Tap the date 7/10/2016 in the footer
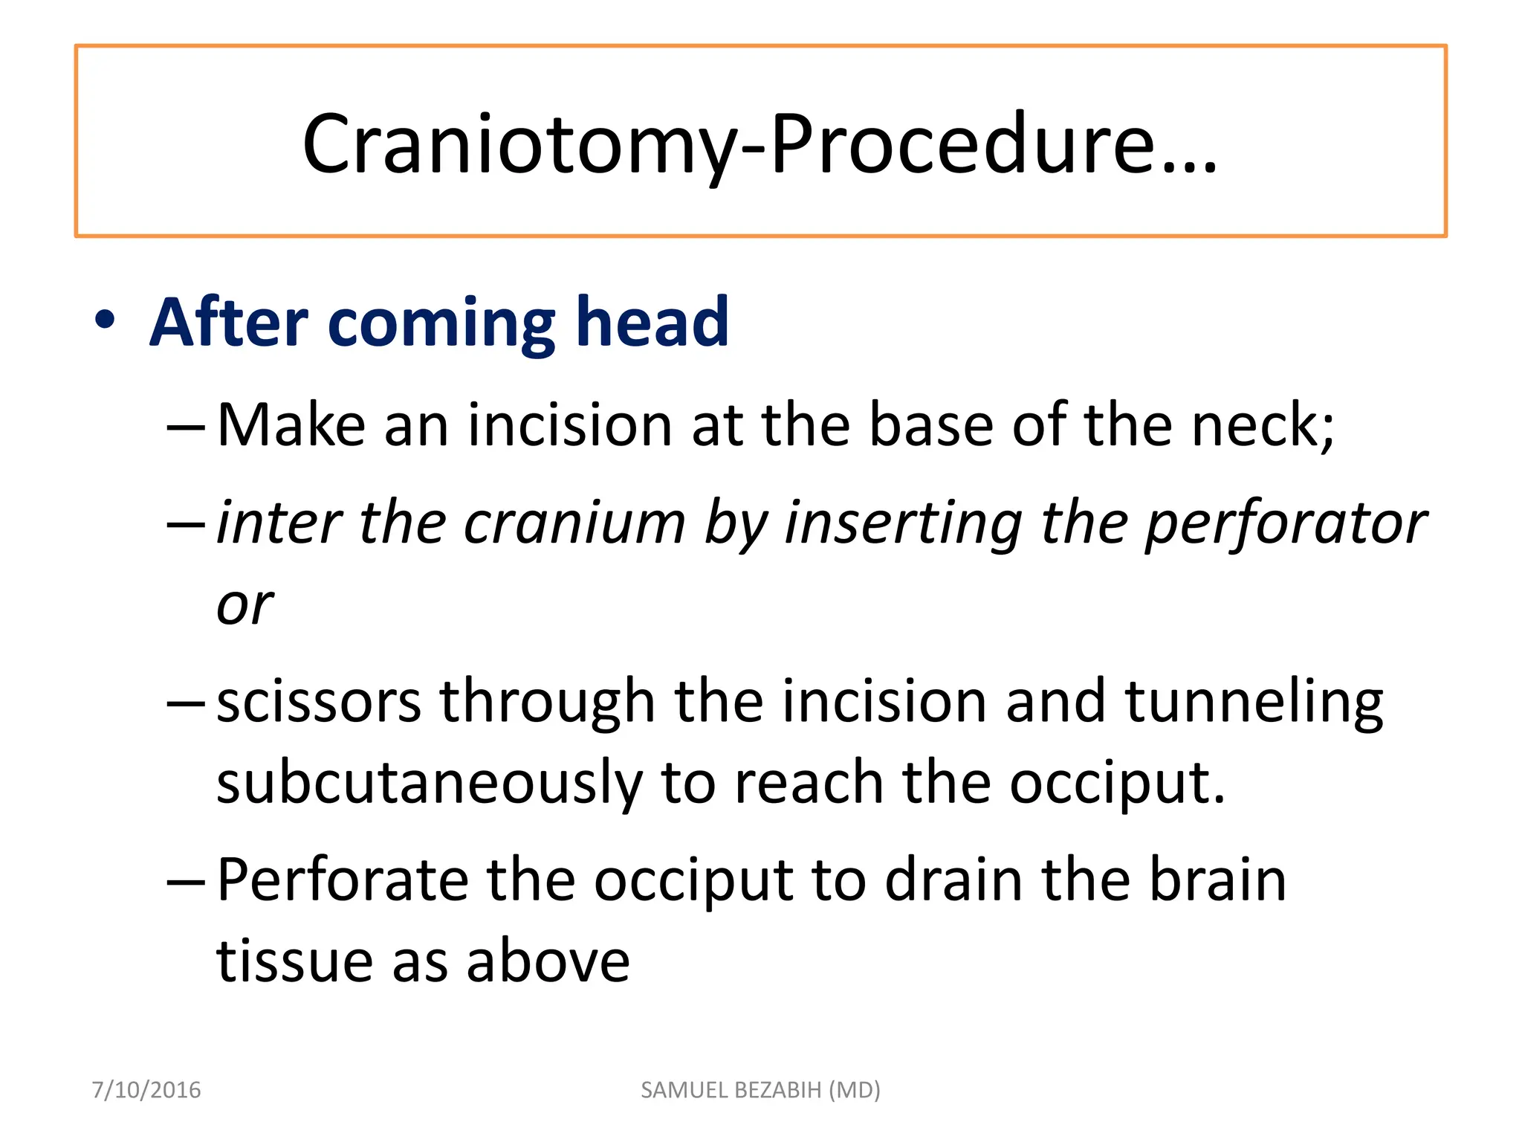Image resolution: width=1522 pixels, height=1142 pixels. pos(146,1090)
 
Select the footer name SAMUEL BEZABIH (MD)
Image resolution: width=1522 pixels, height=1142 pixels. pos(760,1090)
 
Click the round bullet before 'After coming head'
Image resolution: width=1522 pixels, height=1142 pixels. pos(106,321)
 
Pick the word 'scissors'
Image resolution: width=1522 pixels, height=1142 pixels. pos(319,702)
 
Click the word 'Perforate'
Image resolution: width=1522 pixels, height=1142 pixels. pos(343,880)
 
